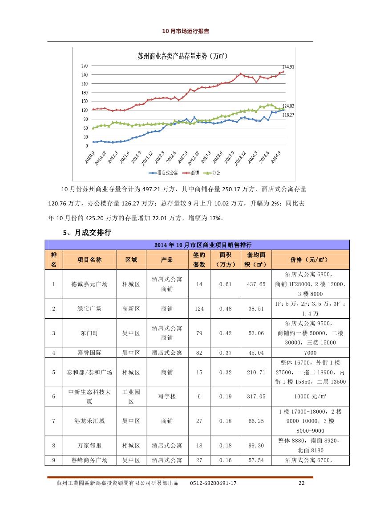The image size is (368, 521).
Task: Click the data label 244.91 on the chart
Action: pos(288,67)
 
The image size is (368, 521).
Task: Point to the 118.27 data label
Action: pos(288,115)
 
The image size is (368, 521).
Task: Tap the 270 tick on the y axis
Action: pos(85,66)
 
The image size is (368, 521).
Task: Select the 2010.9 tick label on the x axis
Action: pos(89,157)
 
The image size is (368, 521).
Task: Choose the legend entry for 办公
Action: pos(212,173)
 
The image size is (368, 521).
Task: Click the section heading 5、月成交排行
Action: pos(87,233)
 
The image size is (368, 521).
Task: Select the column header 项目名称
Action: pos(89,260)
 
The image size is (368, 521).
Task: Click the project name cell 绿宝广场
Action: pos(89,309)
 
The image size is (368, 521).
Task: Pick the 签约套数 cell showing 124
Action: pos(199,309)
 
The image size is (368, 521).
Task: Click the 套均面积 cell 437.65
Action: pos(256,284)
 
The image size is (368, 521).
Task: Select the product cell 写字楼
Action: pos(167,396)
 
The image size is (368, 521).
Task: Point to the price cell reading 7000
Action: pos(310,353)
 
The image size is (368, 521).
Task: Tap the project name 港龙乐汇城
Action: pos(89,421)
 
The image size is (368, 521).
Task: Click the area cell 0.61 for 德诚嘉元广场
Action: pos(225,284)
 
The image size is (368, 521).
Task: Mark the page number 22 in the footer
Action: pos(301,483)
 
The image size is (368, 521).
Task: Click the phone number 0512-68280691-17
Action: pos(213,483)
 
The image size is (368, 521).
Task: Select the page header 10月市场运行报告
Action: pos(186,31)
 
